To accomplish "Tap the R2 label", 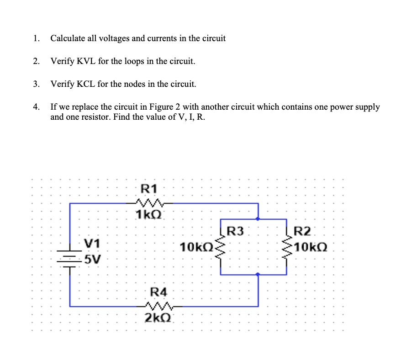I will [x=302, y=231].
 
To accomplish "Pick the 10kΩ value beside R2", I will [x=311, y=249].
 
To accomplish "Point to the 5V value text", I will [x=94, y=260].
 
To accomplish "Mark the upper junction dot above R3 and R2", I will [x=258, y=220].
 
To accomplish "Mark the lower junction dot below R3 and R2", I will [x=258, y=275].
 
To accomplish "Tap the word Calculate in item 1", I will [x=67, y=38].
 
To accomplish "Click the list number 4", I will [x=36, y=107].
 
